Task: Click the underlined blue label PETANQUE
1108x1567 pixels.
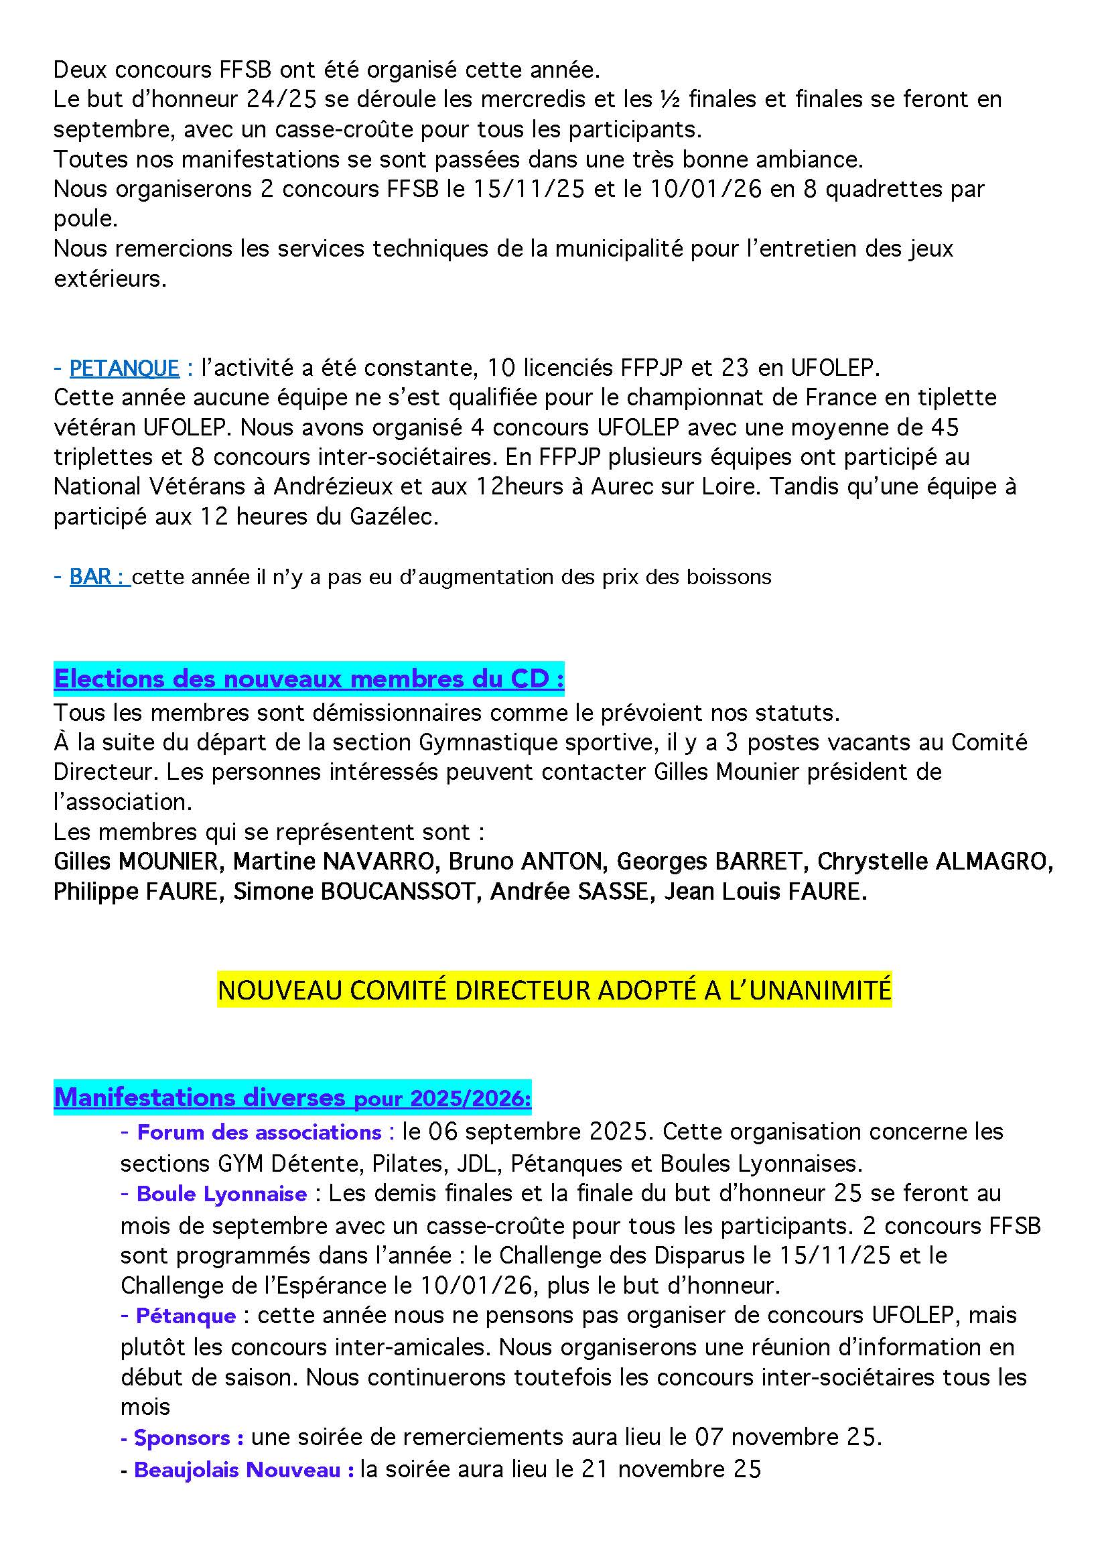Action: tap(124, 368)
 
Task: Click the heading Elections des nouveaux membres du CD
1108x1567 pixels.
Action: tap(308, 679)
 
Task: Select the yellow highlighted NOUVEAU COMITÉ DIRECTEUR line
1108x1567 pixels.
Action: tap(554, 990)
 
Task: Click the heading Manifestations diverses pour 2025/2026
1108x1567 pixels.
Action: tap(292, 1097)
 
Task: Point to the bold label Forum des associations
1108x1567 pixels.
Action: tap(259, 1132)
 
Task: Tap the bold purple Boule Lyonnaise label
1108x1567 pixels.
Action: tap(222, 1194)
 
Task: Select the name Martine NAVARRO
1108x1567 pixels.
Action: tap(334, 862)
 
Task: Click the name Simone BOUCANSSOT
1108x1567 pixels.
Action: tap(354, 891)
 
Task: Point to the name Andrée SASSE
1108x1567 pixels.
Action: tap(569, 891)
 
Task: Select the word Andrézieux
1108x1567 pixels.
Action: tap(334, 486)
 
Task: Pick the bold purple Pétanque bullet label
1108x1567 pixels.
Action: tap(186, 1315)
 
